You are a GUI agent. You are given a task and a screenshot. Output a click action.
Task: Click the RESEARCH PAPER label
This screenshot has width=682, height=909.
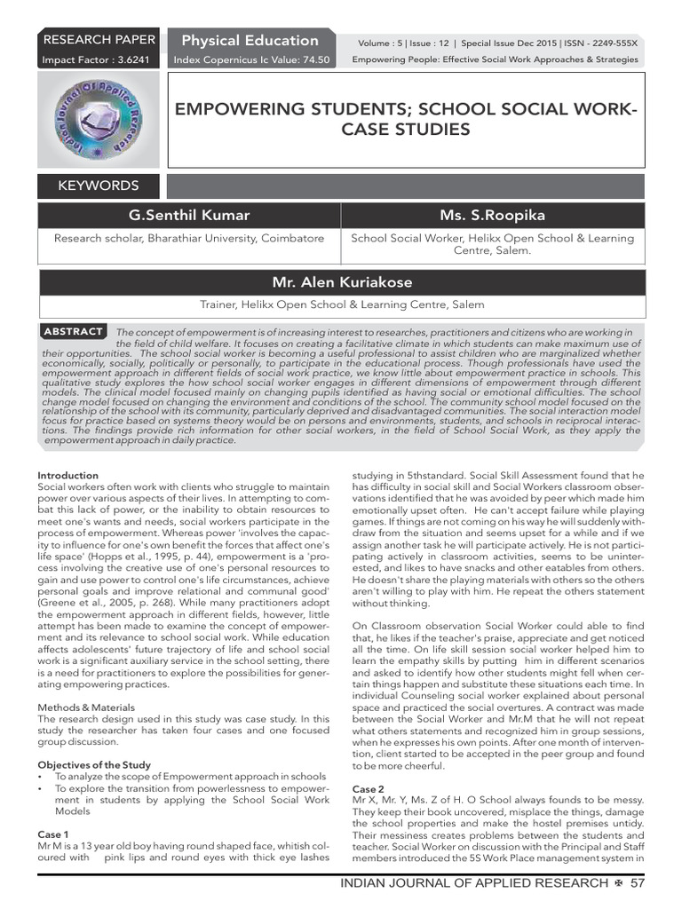coord(99,40)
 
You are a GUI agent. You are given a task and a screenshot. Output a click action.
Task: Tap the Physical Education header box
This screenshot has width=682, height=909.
coord(250,40)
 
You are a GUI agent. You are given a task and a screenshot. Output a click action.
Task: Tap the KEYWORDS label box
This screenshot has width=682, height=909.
coord(99,186)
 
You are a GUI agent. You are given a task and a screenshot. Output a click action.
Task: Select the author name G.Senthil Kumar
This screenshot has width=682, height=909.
coord(190,216)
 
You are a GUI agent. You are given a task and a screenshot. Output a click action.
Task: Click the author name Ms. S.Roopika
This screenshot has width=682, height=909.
coord(493,216)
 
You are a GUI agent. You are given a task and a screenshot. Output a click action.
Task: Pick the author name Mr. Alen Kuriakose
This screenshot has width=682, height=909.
coord(341,282)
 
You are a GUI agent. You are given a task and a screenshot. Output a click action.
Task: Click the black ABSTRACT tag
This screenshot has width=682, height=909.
coord(74,331)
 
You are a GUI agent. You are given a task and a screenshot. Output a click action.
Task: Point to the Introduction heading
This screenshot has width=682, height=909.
coord(68,476)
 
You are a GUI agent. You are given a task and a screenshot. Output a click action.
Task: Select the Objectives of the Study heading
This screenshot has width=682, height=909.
coord(94,764)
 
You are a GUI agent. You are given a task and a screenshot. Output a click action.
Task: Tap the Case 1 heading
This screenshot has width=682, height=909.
coord(53,834)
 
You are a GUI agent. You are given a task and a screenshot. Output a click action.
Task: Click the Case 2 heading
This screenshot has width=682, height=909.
coord(369,789)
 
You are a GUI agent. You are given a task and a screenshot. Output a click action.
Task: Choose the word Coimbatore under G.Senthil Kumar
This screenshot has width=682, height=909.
coord(299,238)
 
